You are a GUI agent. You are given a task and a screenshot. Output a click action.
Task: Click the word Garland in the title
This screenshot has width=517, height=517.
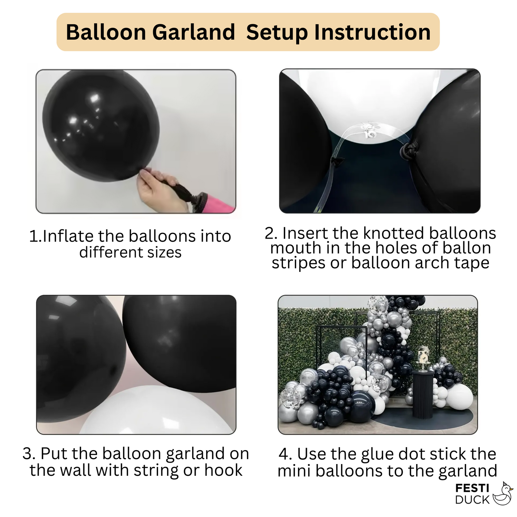[x=194, y=32]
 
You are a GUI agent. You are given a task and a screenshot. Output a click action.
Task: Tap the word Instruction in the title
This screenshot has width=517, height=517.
[x=372, y=32]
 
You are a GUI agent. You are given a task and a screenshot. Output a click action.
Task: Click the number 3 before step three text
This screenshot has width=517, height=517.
[x=27, y=454]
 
